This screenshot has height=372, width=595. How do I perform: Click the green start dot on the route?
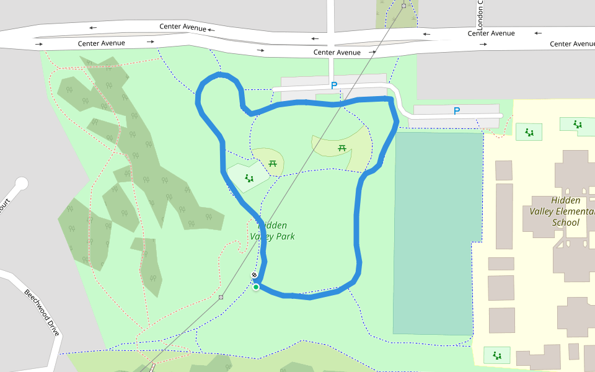point(255,286)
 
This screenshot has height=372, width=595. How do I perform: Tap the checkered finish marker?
point(254,275)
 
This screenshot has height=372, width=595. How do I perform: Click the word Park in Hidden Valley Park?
point(283,236)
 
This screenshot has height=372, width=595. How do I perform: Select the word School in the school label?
point(565,223)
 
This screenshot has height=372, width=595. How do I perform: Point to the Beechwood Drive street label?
point(42,312)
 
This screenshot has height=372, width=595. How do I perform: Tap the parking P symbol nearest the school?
point(457,111)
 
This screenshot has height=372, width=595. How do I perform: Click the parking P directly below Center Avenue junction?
point(334,86)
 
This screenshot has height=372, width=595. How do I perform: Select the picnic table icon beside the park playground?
point(273,164)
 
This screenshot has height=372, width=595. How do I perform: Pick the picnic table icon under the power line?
point(342,148)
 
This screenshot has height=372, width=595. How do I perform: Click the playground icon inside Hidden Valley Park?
point(249,179)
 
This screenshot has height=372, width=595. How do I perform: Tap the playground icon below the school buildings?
point(496,355)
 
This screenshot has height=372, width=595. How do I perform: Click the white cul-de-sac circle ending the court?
point(22,184)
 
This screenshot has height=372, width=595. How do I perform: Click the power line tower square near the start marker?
point(221,297)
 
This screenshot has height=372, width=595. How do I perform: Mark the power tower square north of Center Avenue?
point(403,6)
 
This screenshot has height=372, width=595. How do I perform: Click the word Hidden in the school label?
point(566,200)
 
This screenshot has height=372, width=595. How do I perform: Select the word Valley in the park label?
point(263,236)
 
